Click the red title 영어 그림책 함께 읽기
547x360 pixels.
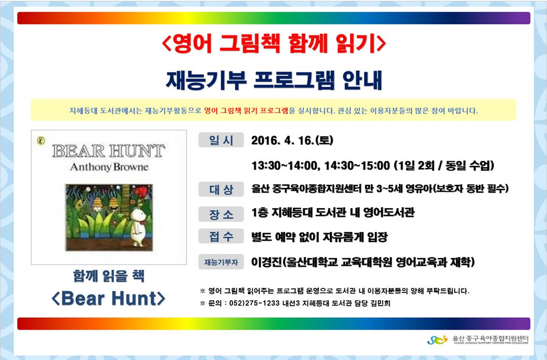click(274, 44)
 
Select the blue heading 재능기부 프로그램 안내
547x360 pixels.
click(274, 80)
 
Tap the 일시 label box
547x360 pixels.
click(221, 140)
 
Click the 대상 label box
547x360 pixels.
click(221, 189)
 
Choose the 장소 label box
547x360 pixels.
click(221, 214)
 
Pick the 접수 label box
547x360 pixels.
click(221, 237)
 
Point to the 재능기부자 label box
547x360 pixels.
click(221, 262)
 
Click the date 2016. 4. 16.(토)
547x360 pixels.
click(292, 140)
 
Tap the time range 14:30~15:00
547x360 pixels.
click(357, 165)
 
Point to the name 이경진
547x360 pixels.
click(266, 262)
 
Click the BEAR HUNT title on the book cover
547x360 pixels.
click(109, 151)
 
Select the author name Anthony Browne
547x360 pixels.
click(109, 167)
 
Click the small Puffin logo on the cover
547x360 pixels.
click(41, 141)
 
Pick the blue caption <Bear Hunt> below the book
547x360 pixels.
click(109, 299)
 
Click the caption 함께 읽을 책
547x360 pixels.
click(109, 276)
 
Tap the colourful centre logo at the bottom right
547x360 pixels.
click(437, 339)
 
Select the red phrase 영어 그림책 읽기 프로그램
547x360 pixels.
click(246, 111)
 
